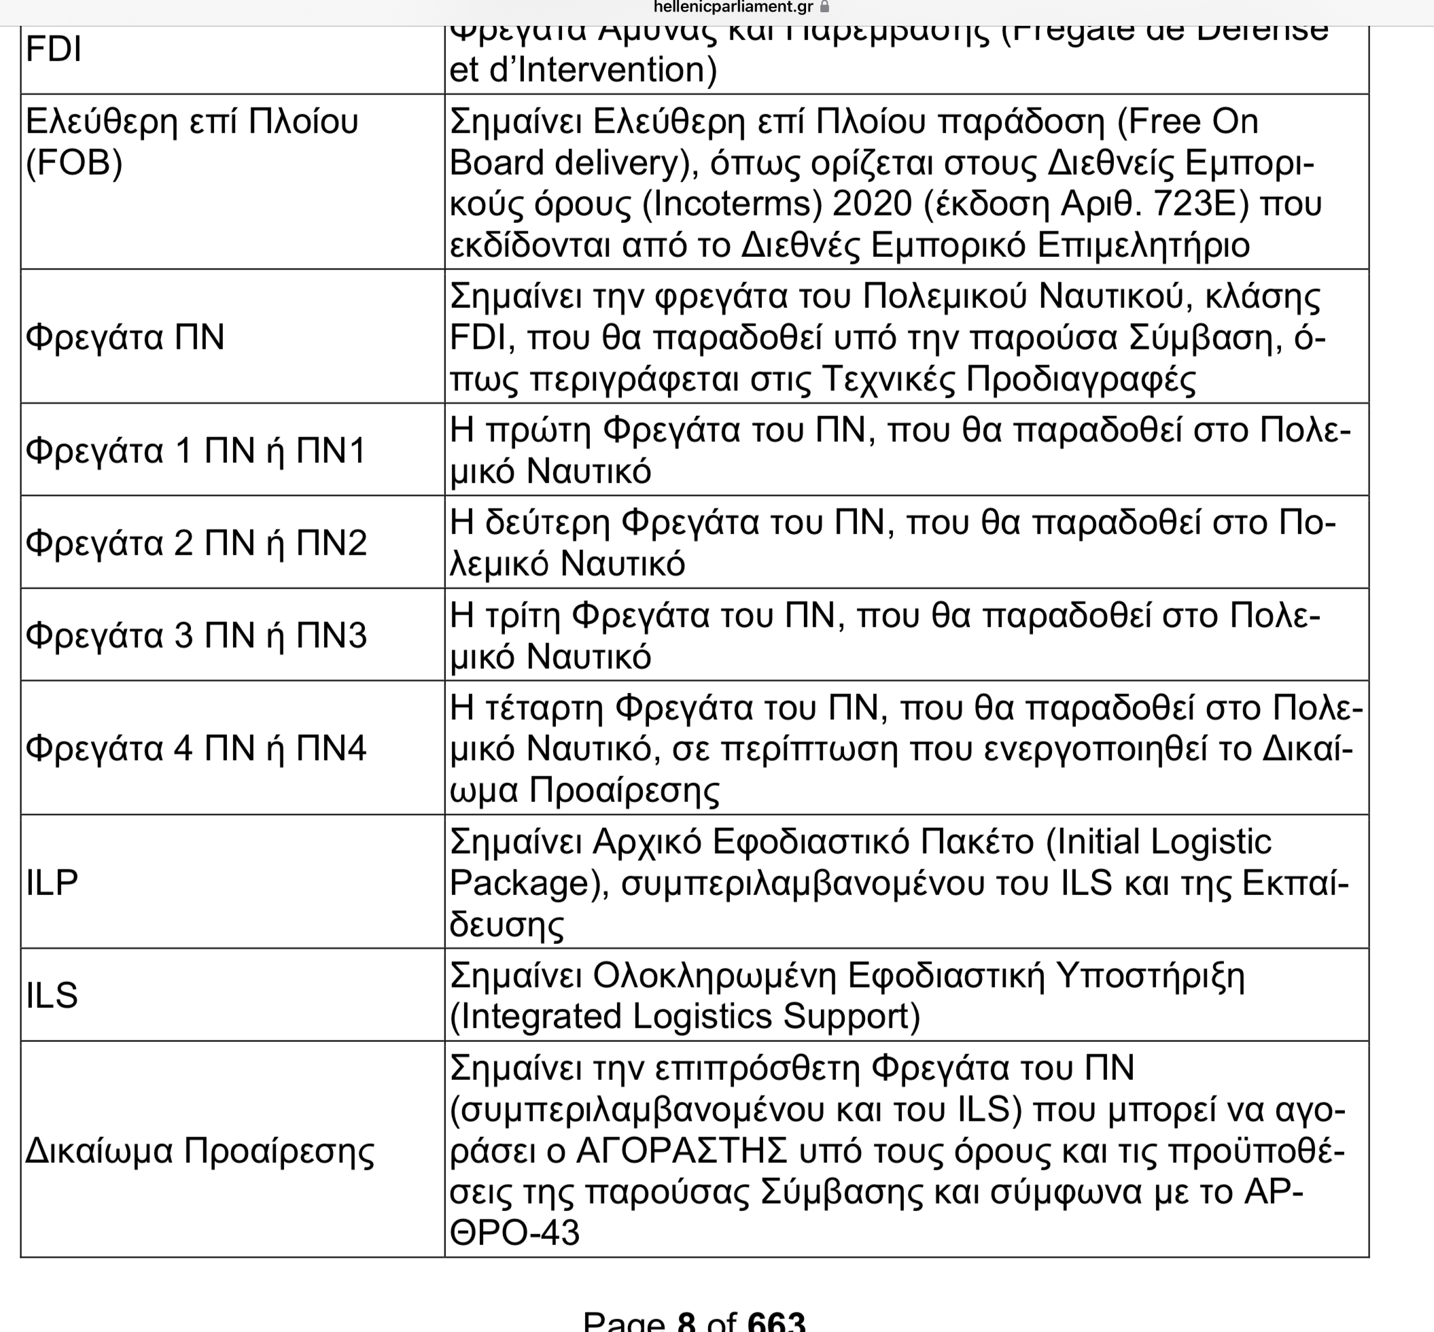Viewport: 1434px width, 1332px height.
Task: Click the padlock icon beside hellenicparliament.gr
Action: (x=825, y=7)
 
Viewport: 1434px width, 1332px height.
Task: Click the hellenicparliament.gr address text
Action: (x=733, y=7)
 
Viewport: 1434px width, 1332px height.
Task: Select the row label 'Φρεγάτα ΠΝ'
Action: (x=125, y=336)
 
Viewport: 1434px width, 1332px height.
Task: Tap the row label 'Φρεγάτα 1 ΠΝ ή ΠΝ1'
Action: (x=195, y=451)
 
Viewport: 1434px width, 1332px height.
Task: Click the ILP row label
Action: (x=52, y=882)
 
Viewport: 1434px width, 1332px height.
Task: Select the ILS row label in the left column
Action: (x=52, y=996)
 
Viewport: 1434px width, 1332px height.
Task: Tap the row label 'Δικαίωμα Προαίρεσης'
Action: (x=200, y=1151)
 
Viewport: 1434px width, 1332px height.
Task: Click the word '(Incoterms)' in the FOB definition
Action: (x=732, y=204)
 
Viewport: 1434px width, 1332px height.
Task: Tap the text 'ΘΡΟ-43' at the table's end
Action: (x=514, y=1233)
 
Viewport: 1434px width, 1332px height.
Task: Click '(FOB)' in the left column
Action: (x=74, y=163)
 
